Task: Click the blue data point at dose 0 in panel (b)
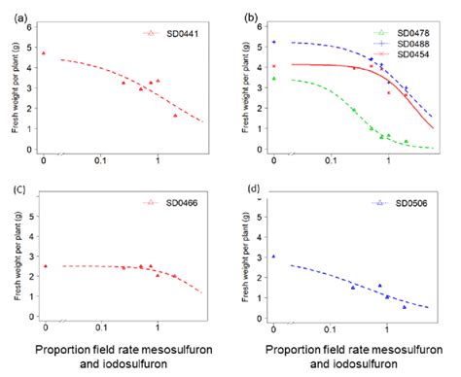click(274, 42)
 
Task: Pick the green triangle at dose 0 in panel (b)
click(274, 78)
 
